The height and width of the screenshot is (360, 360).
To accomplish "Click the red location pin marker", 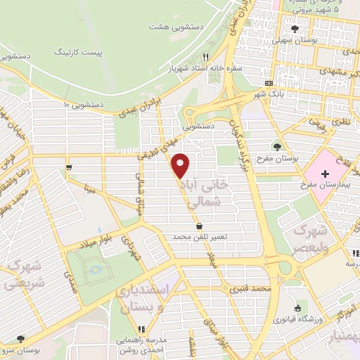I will pyautogui.click(x=181, y=166).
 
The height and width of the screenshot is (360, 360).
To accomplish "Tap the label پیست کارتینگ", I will pyautogui.click(x=82, y=53).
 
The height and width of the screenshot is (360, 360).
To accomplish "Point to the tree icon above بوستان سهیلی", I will pyautogui.click(x=293, y=29).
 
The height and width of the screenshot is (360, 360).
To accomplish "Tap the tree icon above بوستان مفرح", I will pyautogui.click(x=278, y=147).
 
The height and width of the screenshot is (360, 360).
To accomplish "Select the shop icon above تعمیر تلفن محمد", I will pyautogui.click(x=201, y=226).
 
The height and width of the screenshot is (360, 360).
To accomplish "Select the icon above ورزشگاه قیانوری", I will pyautogui.click(x=298, y=307).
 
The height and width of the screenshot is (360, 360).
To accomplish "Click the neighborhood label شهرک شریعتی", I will pyautogui.click(x=23, y=276).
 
